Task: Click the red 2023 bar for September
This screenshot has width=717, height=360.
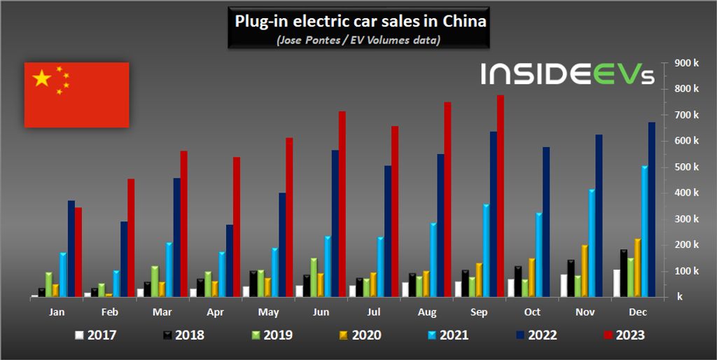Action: tap(501, 196)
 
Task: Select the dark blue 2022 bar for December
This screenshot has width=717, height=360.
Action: tap(652, 209)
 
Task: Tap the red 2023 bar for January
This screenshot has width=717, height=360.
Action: tap(78, 252)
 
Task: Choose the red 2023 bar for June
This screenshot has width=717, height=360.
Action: tap(342, 204)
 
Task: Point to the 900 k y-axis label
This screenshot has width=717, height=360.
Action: tap(686, 63)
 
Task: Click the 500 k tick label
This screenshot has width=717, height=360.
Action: tap(686, 167)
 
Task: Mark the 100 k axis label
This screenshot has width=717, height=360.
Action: tap(686, 270)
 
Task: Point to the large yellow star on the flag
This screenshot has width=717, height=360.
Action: tap(42, 78)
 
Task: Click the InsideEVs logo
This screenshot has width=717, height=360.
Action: tap(567, 74)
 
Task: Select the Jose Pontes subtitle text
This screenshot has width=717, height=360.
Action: tap(358, 40)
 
